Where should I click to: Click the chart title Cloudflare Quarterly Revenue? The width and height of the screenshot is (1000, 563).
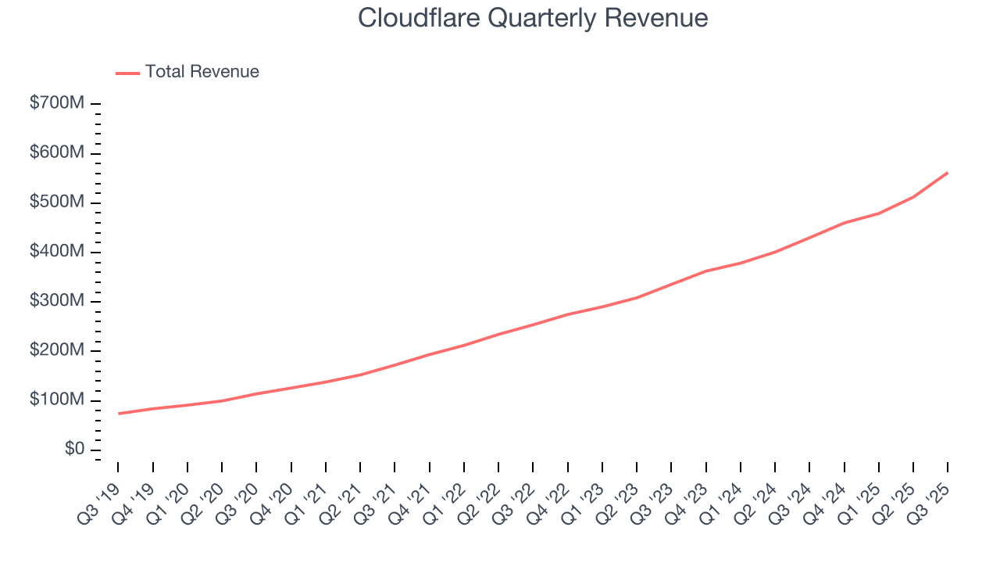[533, 18]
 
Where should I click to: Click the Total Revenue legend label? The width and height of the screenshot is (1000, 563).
[202, 72]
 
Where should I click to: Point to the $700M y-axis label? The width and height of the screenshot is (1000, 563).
[57, 103]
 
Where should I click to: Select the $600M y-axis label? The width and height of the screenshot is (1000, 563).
[57, 152]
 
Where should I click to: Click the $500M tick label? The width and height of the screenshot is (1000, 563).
[57, 202]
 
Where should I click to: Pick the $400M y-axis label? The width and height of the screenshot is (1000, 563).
[57, 252]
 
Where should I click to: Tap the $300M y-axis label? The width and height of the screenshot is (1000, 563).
[57, 301]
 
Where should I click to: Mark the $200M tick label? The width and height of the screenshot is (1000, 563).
[57, 350]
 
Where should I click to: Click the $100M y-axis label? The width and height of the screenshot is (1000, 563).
[57, 400]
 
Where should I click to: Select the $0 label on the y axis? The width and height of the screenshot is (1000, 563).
[75, 450]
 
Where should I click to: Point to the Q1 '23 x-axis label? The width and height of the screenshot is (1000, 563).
[585, 493]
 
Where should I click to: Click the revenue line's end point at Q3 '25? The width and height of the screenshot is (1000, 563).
[948, 173]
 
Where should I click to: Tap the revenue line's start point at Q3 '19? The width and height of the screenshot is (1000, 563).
[119, 414]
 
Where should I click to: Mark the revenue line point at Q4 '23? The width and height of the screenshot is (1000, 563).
[706, 271]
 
